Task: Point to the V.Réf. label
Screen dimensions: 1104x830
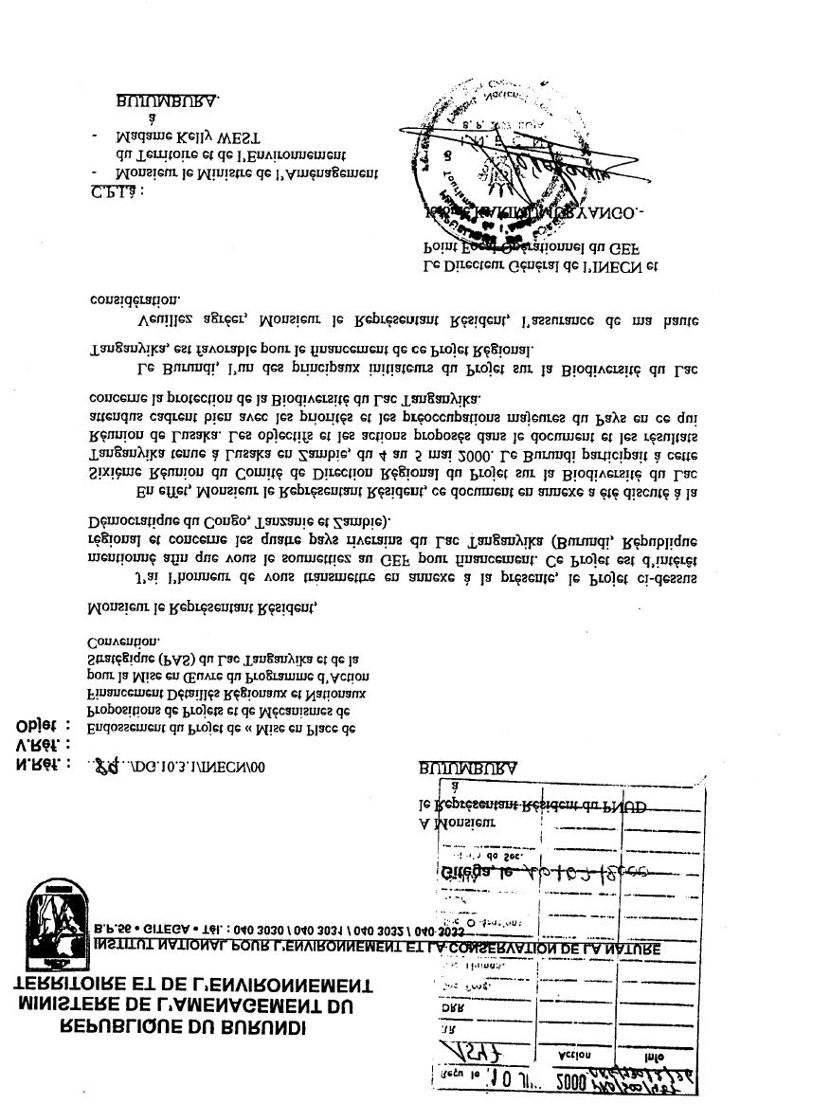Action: [42, 746]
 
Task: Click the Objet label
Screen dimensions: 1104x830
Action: [43, 726]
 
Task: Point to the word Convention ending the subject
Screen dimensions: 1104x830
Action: [123, 642]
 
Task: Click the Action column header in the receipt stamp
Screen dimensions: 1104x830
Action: [575, 1054]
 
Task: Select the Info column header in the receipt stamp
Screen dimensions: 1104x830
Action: [654, 1055]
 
